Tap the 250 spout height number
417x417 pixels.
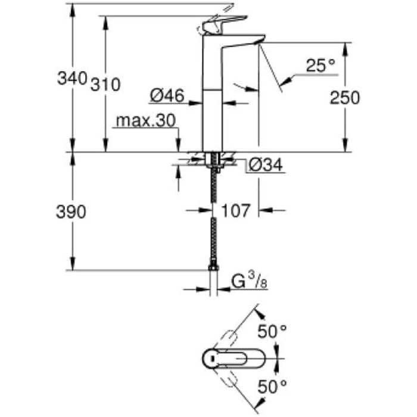coord(345,98)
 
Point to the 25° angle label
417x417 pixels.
coord(321,66)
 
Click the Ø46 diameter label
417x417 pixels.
coord(166,94)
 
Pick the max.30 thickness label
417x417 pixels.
coord(145,121)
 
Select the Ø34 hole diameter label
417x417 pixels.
coord(264,166)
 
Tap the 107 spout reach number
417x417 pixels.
coord(235,210)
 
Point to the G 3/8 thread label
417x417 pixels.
coord(247,280)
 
